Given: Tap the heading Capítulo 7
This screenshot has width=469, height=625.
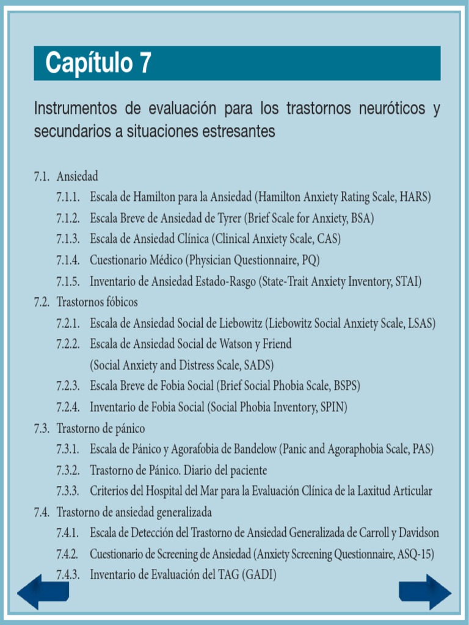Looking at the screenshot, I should [98, 63].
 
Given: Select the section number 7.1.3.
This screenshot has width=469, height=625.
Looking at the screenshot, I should [68, 239].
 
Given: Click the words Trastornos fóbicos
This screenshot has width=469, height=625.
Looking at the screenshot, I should [97, 302].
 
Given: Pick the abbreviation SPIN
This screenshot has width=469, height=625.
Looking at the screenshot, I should [332, 407].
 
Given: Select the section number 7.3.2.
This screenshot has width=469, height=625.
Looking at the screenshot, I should [68, 471].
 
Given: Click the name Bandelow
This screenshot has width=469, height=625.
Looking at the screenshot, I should [255, 449].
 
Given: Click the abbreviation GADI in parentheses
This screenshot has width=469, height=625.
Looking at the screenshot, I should [261, 575].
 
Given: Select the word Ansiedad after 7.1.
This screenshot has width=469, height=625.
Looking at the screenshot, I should [78, 176].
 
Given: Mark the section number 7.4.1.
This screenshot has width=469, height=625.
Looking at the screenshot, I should [68, 533].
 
